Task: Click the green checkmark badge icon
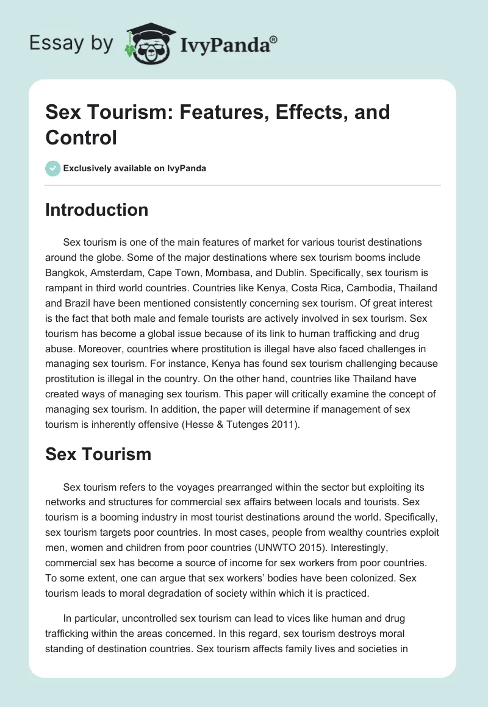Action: point(53,168)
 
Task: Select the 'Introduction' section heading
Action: point(97,210)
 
